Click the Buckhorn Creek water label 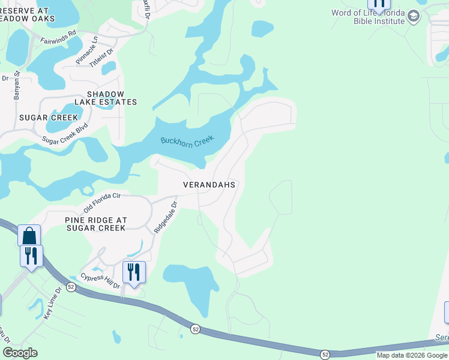(x=187, y=140)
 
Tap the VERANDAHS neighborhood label (x=209, y=185)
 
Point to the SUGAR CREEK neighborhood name (x=49, y=118)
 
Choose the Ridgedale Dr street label (x=166, y=217)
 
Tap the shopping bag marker (x=29, y=235)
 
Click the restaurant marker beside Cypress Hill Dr (x=134, y=272)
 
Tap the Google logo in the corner (x=20, y=352)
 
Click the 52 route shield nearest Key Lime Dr (x=71, y=287)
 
